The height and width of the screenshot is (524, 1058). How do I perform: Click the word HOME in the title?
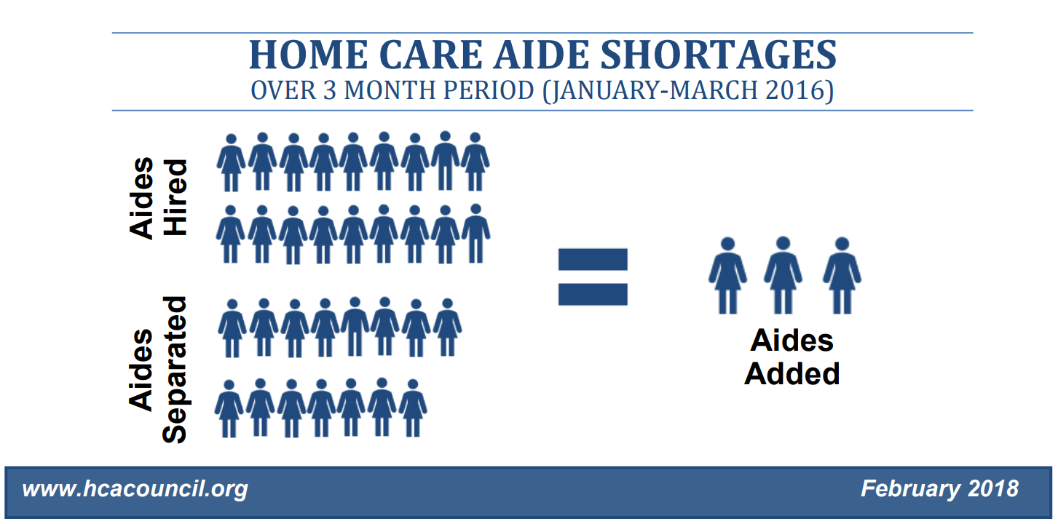click(x=309, y=55)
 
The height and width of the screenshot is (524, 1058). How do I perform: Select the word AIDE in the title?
click(x=542, y=55)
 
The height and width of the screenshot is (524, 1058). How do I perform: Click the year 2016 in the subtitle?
click(x=794, y=90)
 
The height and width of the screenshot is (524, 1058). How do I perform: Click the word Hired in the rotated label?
click(x=175, y=197)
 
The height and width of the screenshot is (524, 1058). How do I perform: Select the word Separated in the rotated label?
click(x=175, y=370)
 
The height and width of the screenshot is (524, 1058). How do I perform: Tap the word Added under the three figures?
click(x=792, y=374)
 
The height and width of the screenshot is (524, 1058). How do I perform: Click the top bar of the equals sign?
click(x=593, y=259)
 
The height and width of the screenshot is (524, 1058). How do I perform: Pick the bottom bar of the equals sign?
click(x=593, y=294)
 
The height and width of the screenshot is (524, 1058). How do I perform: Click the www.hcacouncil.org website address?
click(x=135, y=489)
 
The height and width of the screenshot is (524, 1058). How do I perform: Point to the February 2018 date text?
click(x=939, y=488)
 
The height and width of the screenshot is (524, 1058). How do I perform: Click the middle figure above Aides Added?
click(x=783, y=275)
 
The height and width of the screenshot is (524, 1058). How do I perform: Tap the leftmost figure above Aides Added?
click(x=728, y=275)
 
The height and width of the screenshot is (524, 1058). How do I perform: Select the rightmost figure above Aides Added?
click(x=842, y=275)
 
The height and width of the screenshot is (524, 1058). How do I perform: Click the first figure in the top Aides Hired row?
click(x=231, y=163)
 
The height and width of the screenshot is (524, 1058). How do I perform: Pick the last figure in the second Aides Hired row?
click(x=476, y=234)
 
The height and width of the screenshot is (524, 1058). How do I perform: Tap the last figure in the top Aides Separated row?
click(x=447, y=327)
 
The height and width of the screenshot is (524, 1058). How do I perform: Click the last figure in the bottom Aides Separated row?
click(x=413, y=408)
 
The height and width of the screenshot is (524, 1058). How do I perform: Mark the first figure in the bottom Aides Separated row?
click(x=229, y=409)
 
